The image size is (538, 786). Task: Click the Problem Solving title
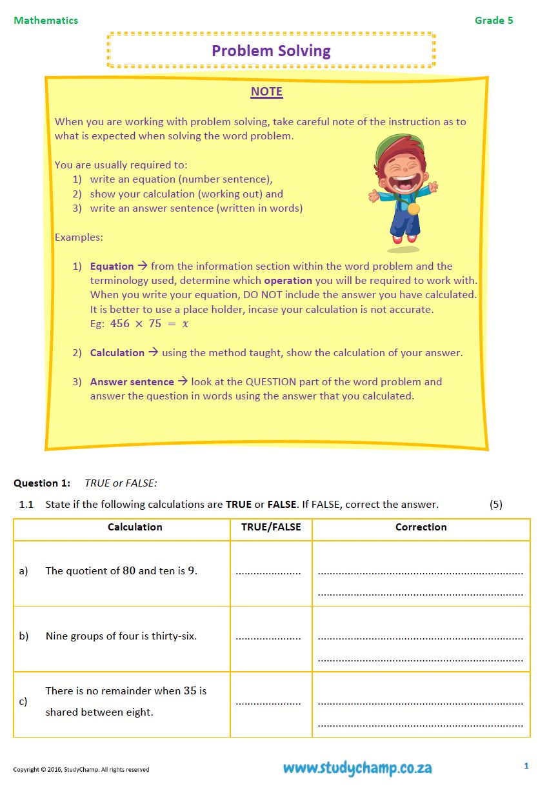pyautogui.click(x=271, y=51)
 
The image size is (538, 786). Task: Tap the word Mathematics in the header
pyautogui.click(x=46, y=20)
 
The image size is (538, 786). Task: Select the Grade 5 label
pyautogui.click(x=493, y=20)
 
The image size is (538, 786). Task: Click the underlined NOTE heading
pyautogui.click(x=266, y=92)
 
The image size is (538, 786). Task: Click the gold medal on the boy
pyautogui.click(x=413, y=209)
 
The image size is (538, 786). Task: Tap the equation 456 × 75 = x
pyautogui.click(x=149, y=324)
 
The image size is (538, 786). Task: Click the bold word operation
pyautogui.click(x=288, y=281)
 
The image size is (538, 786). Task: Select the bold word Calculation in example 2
pyautogui.click(x=117, y=353)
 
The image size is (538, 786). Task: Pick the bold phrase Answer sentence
pyautogui.click(x=132, y=382)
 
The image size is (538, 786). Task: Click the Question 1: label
pyautogui.click(x=42, y=483)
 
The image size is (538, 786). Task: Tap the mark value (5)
pyautogui.click(x=495, y=504)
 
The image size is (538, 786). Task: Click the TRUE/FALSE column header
pyautogui.click(x=271, y=527)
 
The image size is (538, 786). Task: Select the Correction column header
pyautogui.click(x=421, y=527)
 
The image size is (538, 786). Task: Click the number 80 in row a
pyautogui.click(x=129, y=570)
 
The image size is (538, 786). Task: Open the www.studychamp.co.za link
pyautogui.click(x=357, y=768)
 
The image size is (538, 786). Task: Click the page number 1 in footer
pyautogui.click(x=526, y=766)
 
